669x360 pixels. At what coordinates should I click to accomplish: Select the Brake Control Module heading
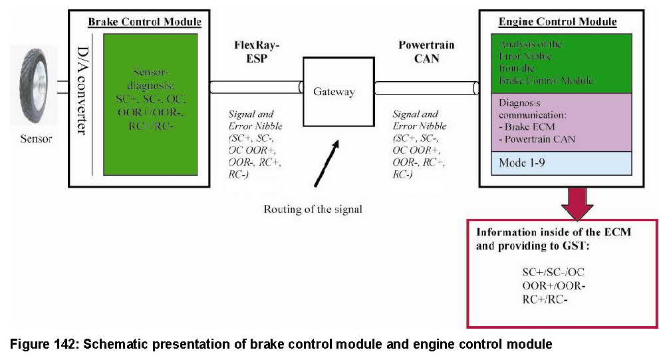tap(144, 22)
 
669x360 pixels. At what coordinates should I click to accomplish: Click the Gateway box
tap(334, 91)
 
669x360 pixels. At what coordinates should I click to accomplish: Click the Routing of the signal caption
tap(313, 209)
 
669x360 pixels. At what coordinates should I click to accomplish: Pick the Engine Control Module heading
tap(557, 22)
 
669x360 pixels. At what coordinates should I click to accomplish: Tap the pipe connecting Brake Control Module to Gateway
tap(256, 87)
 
